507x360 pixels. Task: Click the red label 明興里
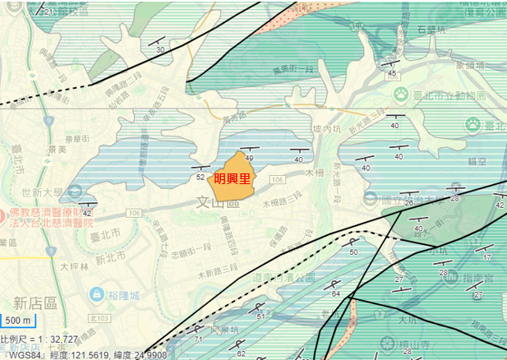click(232, 178)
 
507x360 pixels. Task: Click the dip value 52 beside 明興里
click(200, 177)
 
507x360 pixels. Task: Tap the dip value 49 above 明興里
click(249, 158)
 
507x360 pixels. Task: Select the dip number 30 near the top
click(160, 50)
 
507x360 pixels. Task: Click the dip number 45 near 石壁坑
click(392, 74)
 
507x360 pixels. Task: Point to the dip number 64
click(335, 293)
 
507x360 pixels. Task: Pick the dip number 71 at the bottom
click(198, 339)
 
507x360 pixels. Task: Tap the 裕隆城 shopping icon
click(96, 293)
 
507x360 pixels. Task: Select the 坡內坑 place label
click(326, 129)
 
